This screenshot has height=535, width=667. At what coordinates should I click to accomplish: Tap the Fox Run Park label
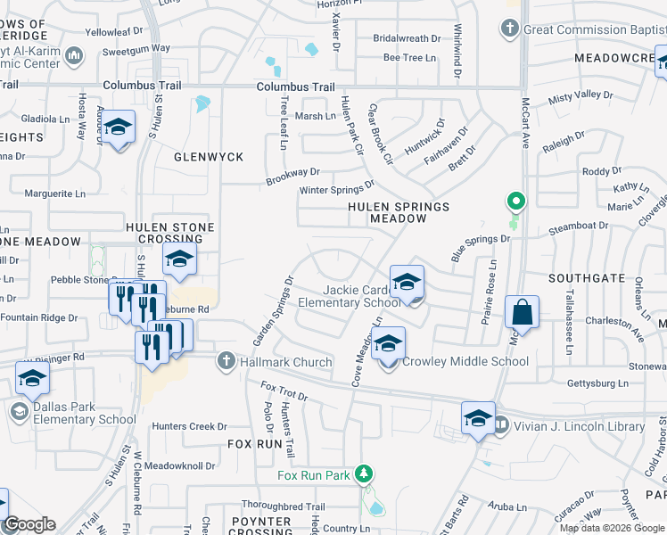(x=313, y=475)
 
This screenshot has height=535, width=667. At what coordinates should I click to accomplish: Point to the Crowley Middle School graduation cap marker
(x=389, y=343)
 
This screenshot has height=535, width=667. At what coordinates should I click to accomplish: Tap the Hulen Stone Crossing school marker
(x=179, y=259)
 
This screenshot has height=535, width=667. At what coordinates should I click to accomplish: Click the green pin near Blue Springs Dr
(x=515, y=202)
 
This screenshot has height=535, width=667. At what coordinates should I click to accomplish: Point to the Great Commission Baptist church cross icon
(x=510, y=29)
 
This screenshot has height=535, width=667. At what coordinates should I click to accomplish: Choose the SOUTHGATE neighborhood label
(x=587, y=278)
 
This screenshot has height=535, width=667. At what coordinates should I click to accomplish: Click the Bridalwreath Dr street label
(x=407, y=38)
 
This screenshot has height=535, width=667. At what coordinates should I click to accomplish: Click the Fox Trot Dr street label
(x=284, y=390)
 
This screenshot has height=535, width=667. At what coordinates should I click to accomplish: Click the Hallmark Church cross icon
(x=224, y=361)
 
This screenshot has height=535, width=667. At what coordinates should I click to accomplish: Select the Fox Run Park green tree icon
(x=363, y=473)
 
